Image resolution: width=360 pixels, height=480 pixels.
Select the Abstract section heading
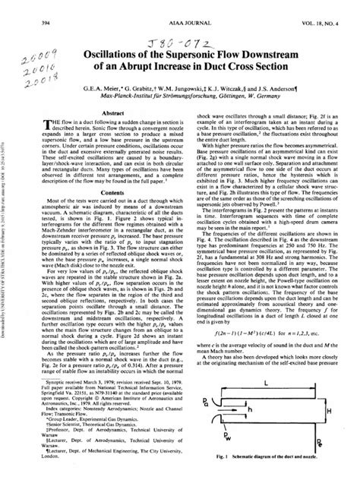[x=113, y=112]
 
